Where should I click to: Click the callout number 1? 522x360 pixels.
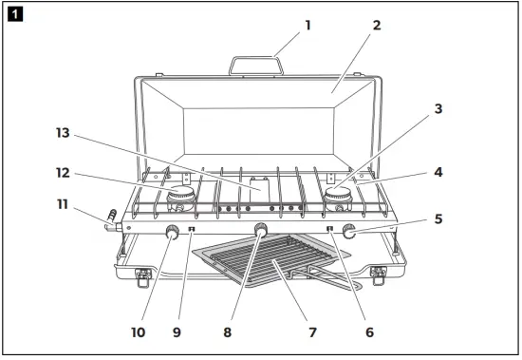(x=308, y=26)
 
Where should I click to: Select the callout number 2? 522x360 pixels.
(x=377, y=26)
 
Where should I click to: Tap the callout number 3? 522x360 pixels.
(x=438, y=109)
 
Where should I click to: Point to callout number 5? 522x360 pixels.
(x=438, y=218)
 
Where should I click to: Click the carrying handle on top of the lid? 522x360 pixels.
(x=255, y=64)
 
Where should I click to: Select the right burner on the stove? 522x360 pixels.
(x=337, y=200)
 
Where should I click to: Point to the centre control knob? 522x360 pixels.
(x=261, y=230)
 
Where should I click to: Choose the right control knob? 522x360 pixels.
(x=349, y=230)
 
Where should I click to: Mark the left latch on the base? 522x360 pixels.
(x=143, y=276)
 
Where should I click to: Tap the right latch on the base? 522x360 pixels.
(x=379, y=275)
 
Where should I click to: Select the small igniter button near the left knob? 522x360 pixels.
(x=193, y=229)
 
